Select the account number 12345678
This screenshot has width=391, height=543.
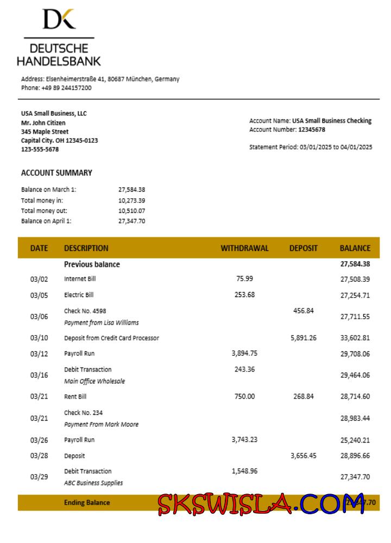[312, 130]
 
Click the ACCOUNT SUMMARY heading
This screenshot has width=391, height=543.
[56, 173]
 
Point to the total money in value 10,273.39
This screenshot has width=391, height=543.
[131, 200]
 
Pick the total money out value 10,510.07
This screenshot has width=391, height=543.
[131, 210]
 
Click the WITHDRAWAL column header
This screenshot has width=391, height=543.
[244, 248]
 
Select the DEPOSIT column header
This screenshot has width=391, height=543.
[303, 248]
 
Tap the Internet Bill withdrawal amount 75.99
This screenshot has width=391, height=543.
[244, 279]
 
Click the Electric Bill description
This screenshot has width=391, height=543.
[79, 295]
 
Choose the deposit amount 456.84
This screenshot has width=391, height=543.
[303, 311]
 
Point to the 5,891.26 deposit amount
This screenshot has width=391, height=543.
[304, 338]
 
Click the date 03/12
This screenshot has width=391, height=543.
[39, 353]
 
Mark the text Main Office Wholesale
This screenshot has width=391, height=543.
[94, 381]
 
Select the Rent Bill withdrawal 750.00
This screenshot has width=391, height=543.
[244, 396]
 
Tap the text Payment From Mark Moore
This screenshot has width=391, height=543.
[101, 424]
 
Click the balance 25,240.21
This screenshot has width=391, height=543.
[355, 440]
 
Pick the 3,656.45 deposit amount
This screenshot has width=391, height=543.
[304, 456]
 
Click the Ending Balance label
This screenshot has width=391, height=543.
[87, 502]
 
